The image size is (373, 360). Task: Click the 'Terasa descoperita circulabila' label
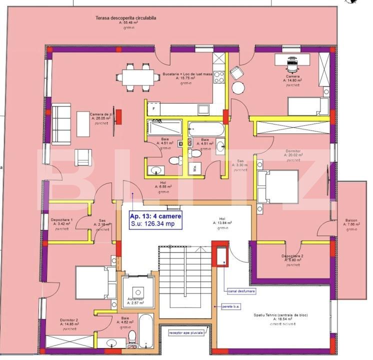coord(126,18)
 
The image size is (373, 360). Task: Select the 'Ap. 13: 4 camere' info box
coord(155,219)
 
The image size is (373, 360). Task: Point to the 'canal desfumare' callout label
coord(241,290)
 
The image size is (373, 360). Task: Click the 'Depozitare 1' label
coord(61,219)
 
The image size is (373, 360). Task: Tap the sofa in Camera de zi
coord(61,123)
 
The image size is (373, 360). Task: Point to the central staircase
coord(184,280)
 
